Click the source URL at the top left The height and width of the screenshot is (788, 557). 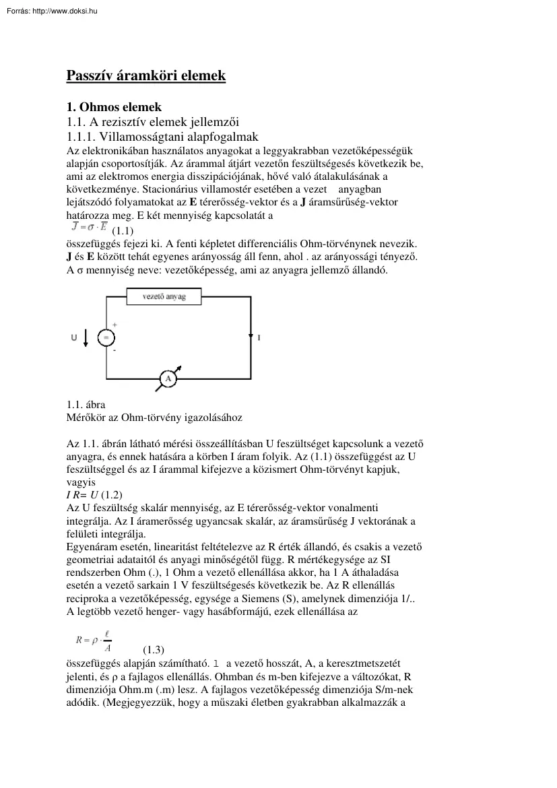pos(49,10)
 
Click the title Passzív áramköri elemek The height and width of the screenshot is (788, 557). pos(145,75)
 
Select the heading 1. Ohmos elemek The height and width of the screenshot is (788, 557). pos(114,106)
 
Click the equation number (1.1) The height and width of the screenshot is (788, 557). pos(123,230)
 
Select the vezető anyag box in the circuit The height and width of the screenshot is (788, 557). pos(164,296)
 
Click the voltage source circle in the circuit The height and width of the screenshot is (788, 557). pos(106,337)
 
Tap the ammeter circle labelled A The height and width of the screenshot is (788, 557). pos(167,380)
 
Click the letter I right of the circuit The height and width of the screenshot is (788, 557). pos(259,337)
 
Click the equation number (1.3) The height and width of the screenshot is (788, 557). pos(154,650)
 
